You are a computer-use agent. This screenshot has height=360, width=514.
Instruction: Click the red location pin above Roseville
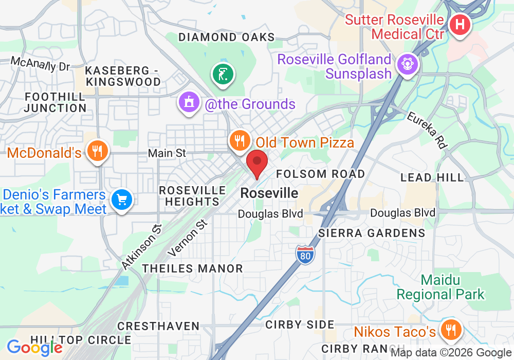[x=257, y=163]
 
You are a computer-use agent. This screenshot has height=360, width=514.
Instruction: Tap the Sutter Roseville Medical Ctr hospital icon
[x=460, y=25]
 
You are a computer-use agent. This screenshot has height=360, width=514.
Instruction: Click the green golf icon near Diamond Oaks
[x=223, y=75]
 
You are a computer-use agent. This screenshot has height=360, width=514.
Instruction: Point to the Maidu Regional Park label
[x=440, y=287]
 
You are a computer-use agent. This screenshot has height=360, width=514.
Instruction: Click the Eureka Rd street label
[x=426, y=130]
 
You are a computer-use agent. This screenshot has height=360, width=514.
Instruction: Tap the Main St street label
[x=167, y=153]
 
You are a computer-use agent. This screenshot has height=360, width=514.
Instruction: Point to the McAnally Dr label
[x=40, y=65]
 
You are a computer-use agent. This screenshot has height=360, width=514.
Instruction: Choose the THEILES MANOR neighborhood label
[x=193, y=268]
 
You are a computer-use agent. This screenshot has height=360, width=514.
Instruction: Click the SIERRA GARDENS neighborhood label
[x=372, y=233]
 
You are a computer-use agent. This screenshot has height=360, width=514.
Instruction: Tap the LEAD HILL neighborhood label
[x=432, y=177]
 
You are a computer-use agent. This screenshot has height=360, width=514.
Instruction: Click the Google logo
[x=34, y=348]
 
